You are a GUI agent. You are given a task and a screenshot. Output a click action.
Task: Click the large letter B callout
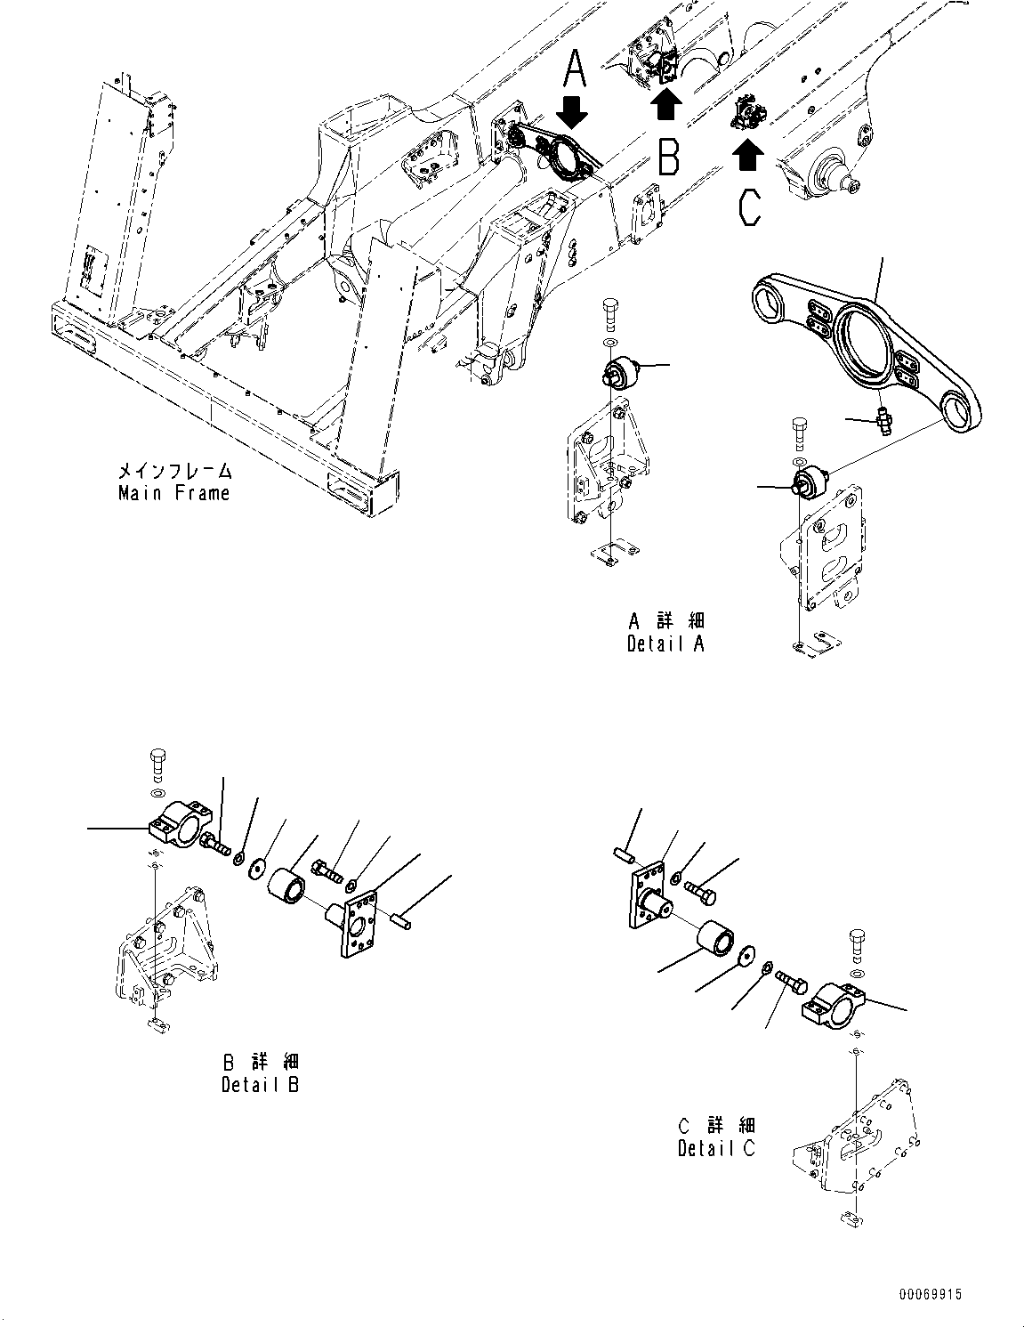(668, 156)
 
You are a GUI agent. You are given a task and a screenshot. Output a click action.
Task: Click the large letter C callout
(749, 206)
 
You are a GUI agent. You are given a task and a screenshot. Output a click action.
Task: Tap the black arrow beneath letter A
(571, 113)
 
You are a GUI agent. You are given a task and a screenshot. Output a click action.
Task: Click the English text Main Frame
(173, 493)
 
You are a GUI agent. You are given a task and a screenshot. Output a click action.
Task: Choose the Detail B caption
(260, 1085)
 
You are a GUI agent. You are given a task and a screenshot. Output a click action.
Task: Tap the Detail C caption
(716, 1148)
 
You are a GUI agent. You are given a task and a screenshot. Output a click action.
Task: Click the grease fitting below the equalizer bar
(884, 418)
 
